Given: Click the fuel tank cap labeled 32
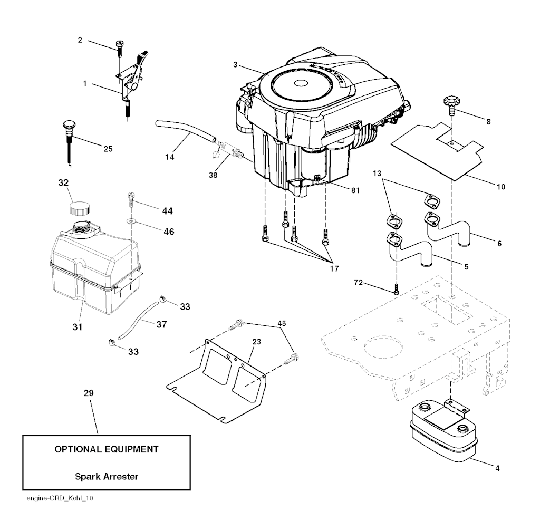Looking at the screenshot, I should pyautogui.click(x=79, y=206).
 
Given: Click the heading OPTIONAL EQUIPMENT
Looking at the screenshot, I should pyautogui.click(x=107, y=449).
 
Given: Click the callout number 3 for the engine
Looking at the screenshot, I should pyautogui.click(x=235, y=64).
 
